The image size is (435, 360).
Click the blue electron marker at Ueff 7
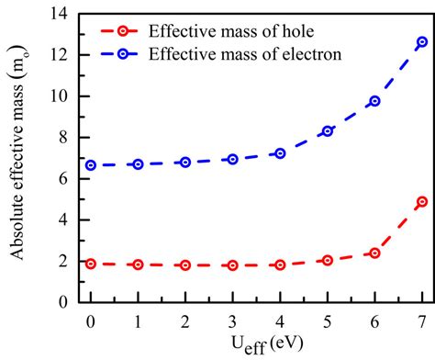click(x=422, y=42)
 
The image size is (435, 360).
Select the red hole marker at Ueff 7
click(x=422, y=201)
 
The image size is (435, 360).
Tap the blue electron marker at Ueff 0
click(x=91, y=165)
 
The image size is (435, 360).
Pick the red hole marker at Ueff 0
click(x=91, y=264)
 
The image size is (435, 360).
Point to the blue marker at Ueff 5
click(x=328, y=131)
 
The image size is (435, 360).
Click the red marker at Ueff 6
click(x=374, y=253)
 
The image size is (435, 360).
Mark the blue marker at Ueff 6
click(x=374, y=101)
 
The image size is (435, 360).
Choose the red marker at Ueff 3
click(x=233, y=265)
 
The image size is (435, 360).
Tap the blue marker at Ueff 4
click(x=280, y=153)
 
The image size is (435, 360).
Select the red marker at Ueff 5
click(x=328, y=260)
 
